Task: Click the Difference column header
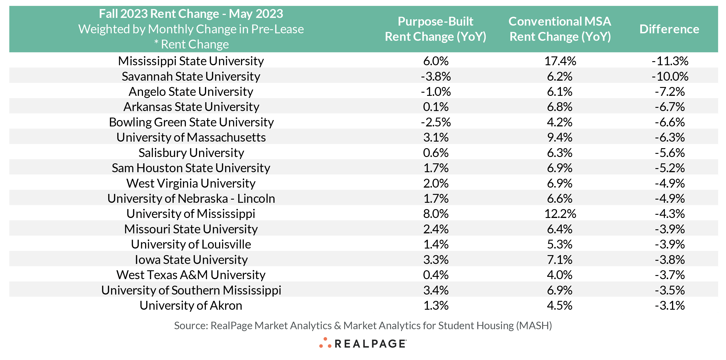tap(669, 29)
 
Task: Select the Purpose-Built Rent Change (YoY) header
tap(435, 29)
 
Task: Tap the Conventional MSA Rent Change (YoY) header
tap(560, 29)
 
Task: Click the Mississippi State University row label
tap(191, 61)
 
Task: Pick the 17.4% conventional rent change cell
tap(560, 61)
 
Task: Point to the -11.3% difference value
tap(670, 61)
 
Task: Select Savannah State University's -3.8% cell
tap(436, 76)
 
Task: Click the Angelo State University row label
tap(191, 92)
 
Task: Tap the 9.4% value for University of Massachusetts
tap(560, 138)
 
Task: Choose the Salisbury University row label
tap(191, 153)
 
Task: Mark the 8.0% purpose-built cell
tap(436, 214)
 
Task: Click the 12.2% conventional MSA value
tap(560, 214)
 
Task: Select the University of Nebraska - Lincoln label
tap(191, 199)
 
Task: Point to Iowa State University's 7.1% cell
tap(560, 259)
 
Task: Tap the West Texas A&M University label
tap(191, 275)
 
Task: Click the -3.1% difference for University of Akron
tap(670, 305)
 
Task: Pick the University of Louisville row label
tap(191, 244)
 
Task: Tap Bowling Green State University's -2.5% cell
tap(436, 122)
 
